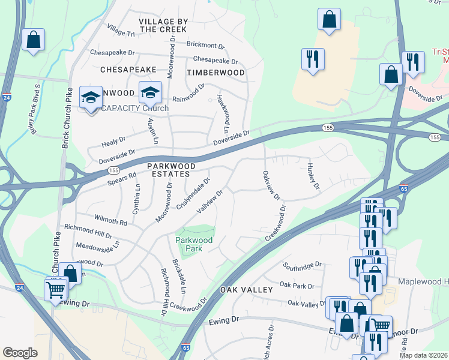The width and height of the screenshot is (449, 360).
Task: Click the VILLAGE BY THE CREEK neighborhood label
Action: [x=163, y=25]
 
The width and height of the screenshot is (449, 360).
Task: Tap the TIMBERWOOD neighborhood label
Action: [x=215, y=73]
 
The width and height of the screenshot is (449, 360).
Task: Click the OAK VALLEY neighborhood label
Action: [x=246, y=290]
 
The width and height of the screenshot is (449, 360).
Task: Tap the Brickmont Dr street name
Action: [x=205, y=45]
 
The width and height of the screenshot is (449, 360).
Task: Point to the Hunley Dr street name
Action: [x=312, y=176]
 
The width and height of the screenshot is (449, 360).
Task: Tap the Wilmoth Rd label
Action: [x=110, y=219]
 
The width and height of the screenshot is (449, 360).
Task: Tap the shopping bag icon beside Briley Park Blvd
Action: [x=34, y=40]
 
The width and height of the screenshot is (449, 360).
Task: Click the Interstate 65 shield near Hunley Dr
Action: [x=405, y=188]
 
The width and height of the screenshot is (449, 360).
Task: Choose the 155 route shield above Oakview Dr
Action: [x=328, y=127]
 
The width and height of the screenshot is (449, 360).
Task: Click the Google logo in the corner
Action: [x=20, y=353]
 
